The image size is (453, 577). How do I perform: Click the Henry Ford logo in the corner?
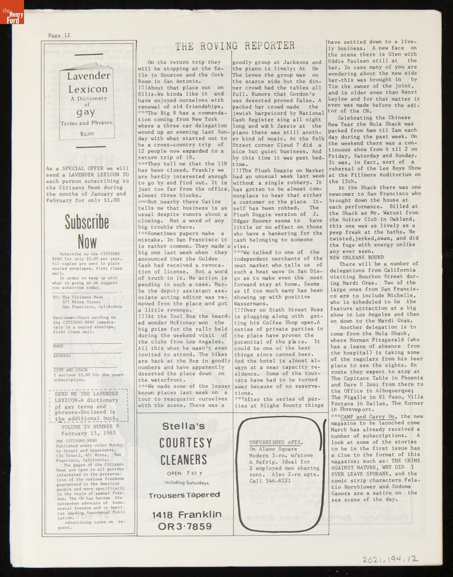[x=12, y=13]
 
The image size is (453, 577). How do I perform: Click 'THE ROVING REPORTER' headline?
[x=235, y=46]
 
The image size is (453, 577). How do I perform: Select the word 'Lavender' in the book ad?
[x=88, y=76]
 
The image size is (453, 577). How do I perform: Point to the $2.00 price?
[x=88, y=135]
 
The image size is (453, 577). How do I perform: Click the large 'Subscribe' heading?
[x=87, y=222]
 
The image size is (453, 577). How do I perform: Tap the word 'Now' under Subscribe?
[x=87, y=242]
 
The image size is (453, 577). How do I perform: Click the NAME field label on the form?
[x=58, y=346]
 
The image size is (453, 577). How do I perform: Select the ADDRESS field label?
[x=62, y=356]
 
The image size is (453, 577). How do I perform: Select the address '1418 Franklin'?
[x=186, y=515]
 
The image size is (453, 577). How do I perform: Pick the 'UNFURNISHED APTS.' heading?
[x=276, y=442]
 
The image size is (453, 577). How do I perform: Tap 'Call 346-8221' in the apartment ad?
[x=270, y=480]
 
